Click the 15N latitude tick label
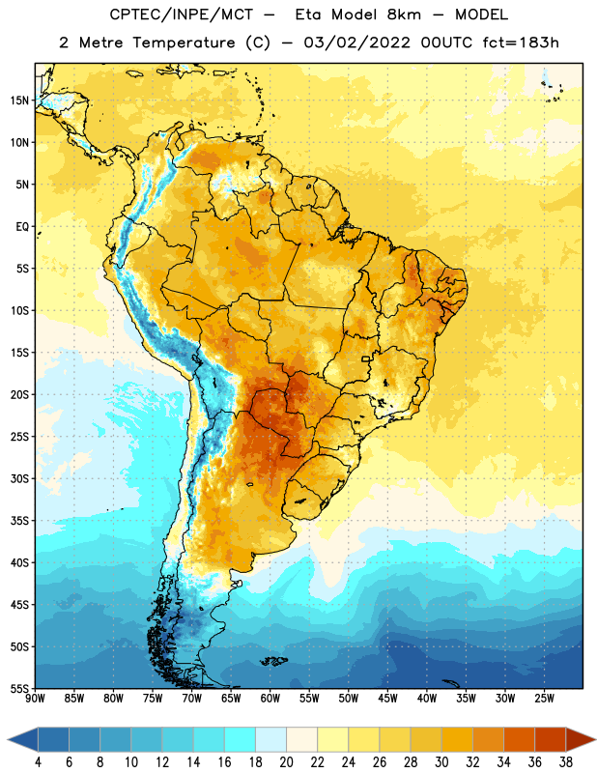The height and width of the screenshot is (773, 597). [x=19, y=100]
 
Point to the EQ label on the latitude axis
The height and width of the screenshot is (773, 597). [x=22, y=227]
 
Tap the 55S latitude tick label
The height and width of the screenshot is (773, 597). [x=19, y=688]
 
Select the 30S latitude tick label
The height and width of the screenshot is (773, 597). [x=19, y=478]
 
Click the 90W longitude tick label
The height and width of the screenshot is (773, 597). [x=36, y=699]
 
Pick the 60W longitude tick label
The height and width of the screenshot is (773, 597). [x=270, y=699]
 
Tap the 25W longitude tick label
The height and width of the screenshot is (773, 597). [x=544, y=699]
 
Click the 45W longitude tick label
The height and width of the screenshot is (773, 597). [x=388, y=699]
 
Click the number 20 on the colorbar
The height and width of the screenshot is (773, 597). [x=286, y=762]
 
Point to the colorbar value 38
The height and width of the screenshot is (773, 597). [x=566, y=762]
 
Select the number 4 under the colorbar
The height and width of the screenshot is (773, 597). [x=38, y=762]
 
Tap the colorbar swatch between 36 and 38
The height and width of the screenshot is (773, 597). [x=551, y=739]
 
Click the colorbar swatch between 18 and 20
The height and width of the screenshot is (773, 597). [x=270, y=739]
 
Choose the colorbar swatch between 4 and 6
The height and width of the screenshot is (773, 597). [x=53, y=739]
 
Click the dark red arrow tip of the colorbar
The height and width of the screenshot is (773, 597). [x=595, y=739]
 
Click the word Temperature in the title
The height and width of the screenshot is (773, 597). [x=184, y=43]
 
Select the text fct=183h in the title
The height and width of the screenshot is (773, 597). [x=521, y=43]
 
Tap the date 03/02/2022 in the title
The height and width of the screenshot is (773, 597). [x=356, y=43]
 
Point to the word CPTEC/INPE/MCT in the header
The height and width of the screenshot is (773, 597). [x=181, y=14]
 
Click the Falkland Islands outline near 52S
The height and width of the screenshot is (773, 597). [x=273, y=661]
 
